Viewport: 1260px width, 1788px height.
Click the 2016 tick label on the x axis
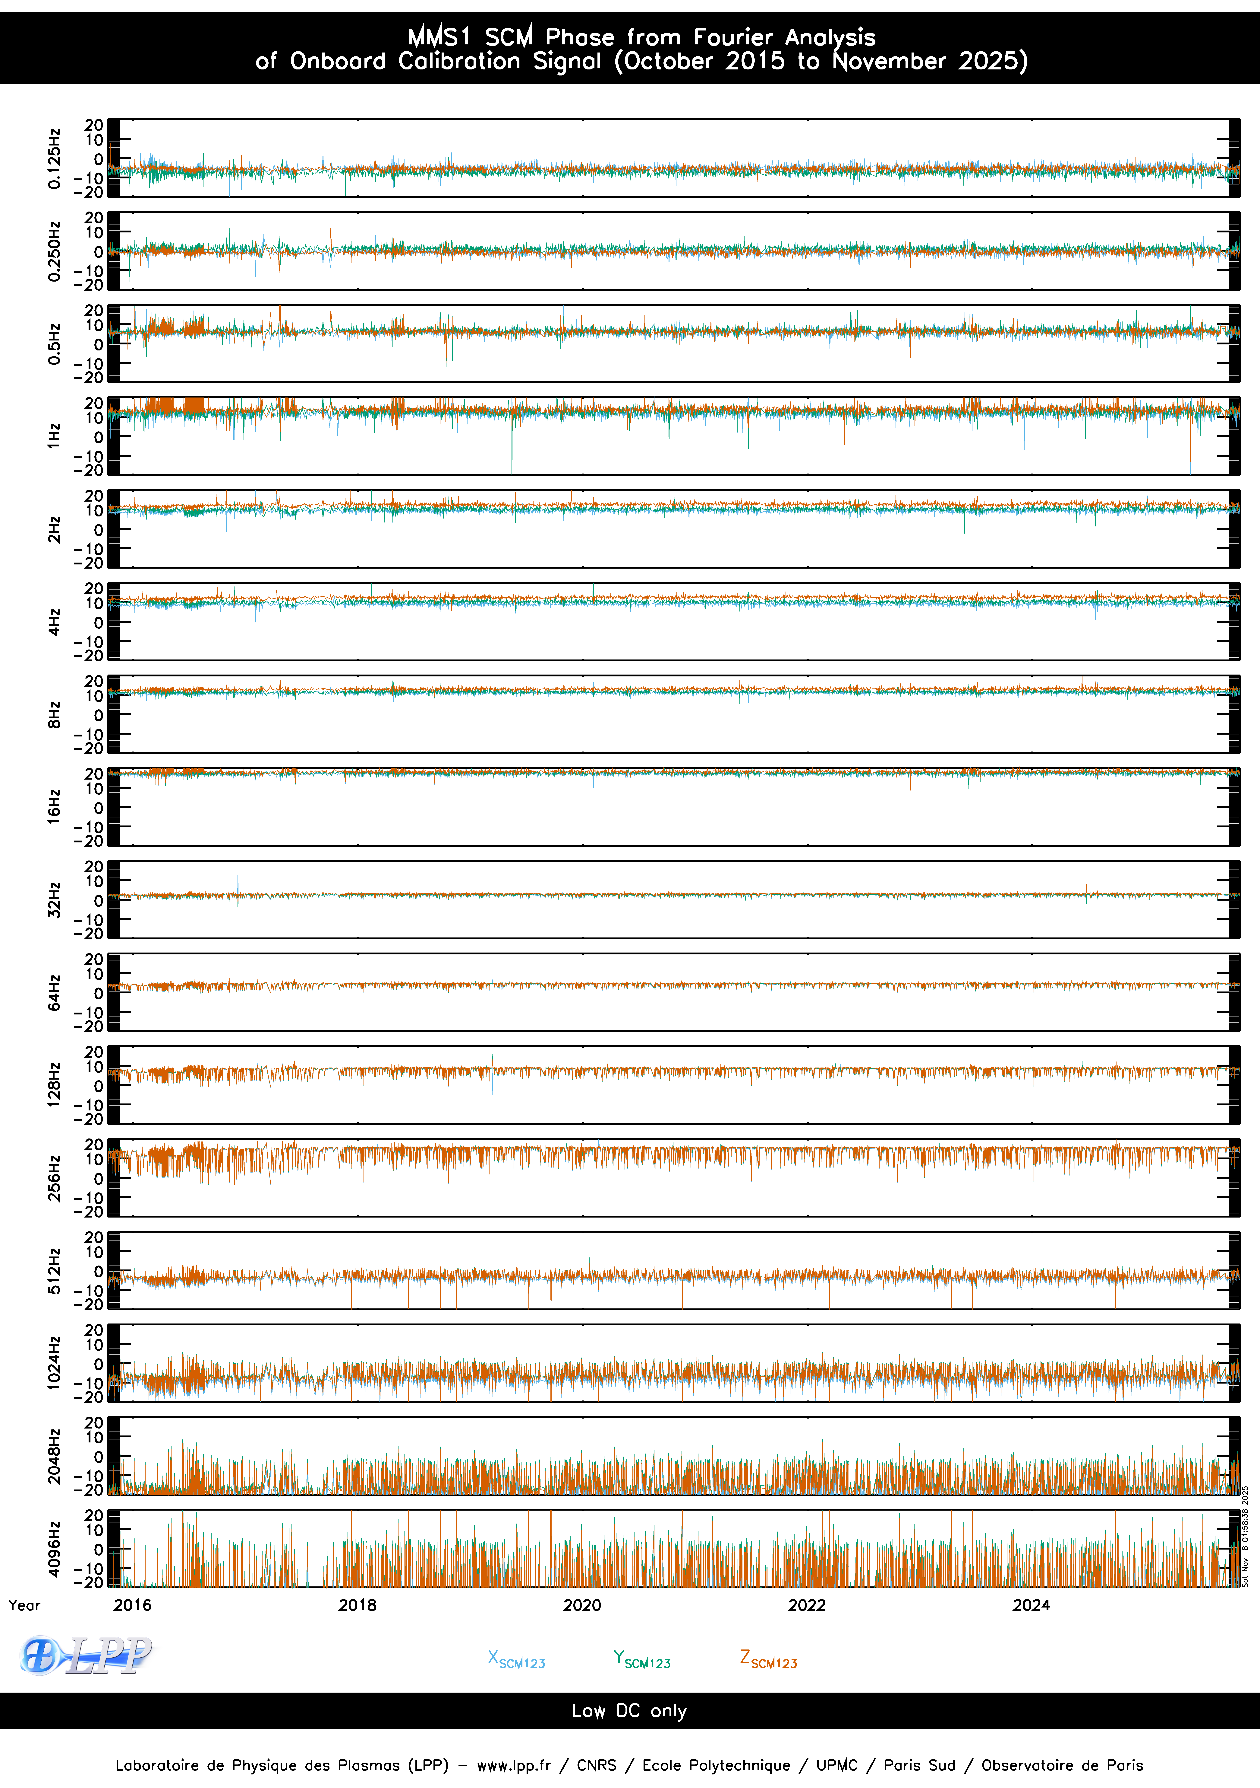(132, 1605)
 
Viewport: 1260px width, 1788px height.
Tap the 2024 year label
(1031, 1605)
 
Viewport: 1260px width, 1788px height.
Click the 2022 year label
(806, 1605)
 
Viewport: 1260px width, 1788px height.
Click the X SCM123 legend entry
(516, 1659)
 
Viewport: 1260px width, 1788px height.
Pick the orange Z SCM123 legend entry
(768, 1659)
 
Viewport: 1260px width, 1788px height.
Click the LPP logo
(86, 1656)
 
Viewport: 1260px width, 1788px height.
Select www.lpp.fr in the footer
(514, 1765)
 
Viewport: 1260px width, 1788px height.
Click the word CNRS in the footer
(596, 1765)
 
